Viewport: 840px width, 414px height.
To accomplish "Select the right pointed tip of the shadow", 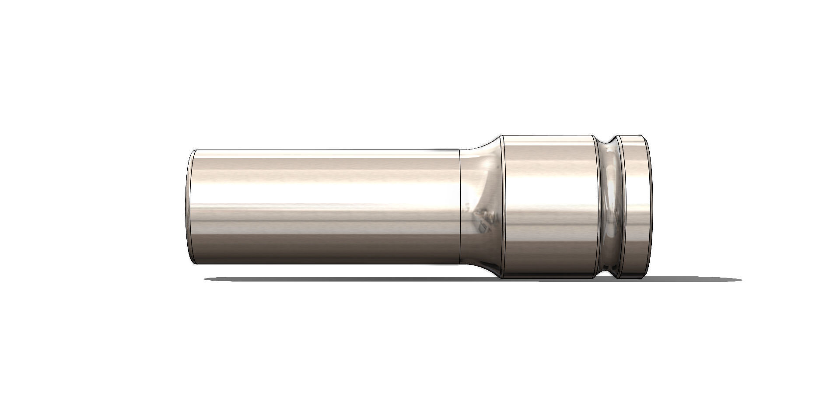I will click(740, 280).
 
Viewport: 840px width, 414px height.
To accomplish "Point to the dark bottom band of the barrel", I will click(324, 256).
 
